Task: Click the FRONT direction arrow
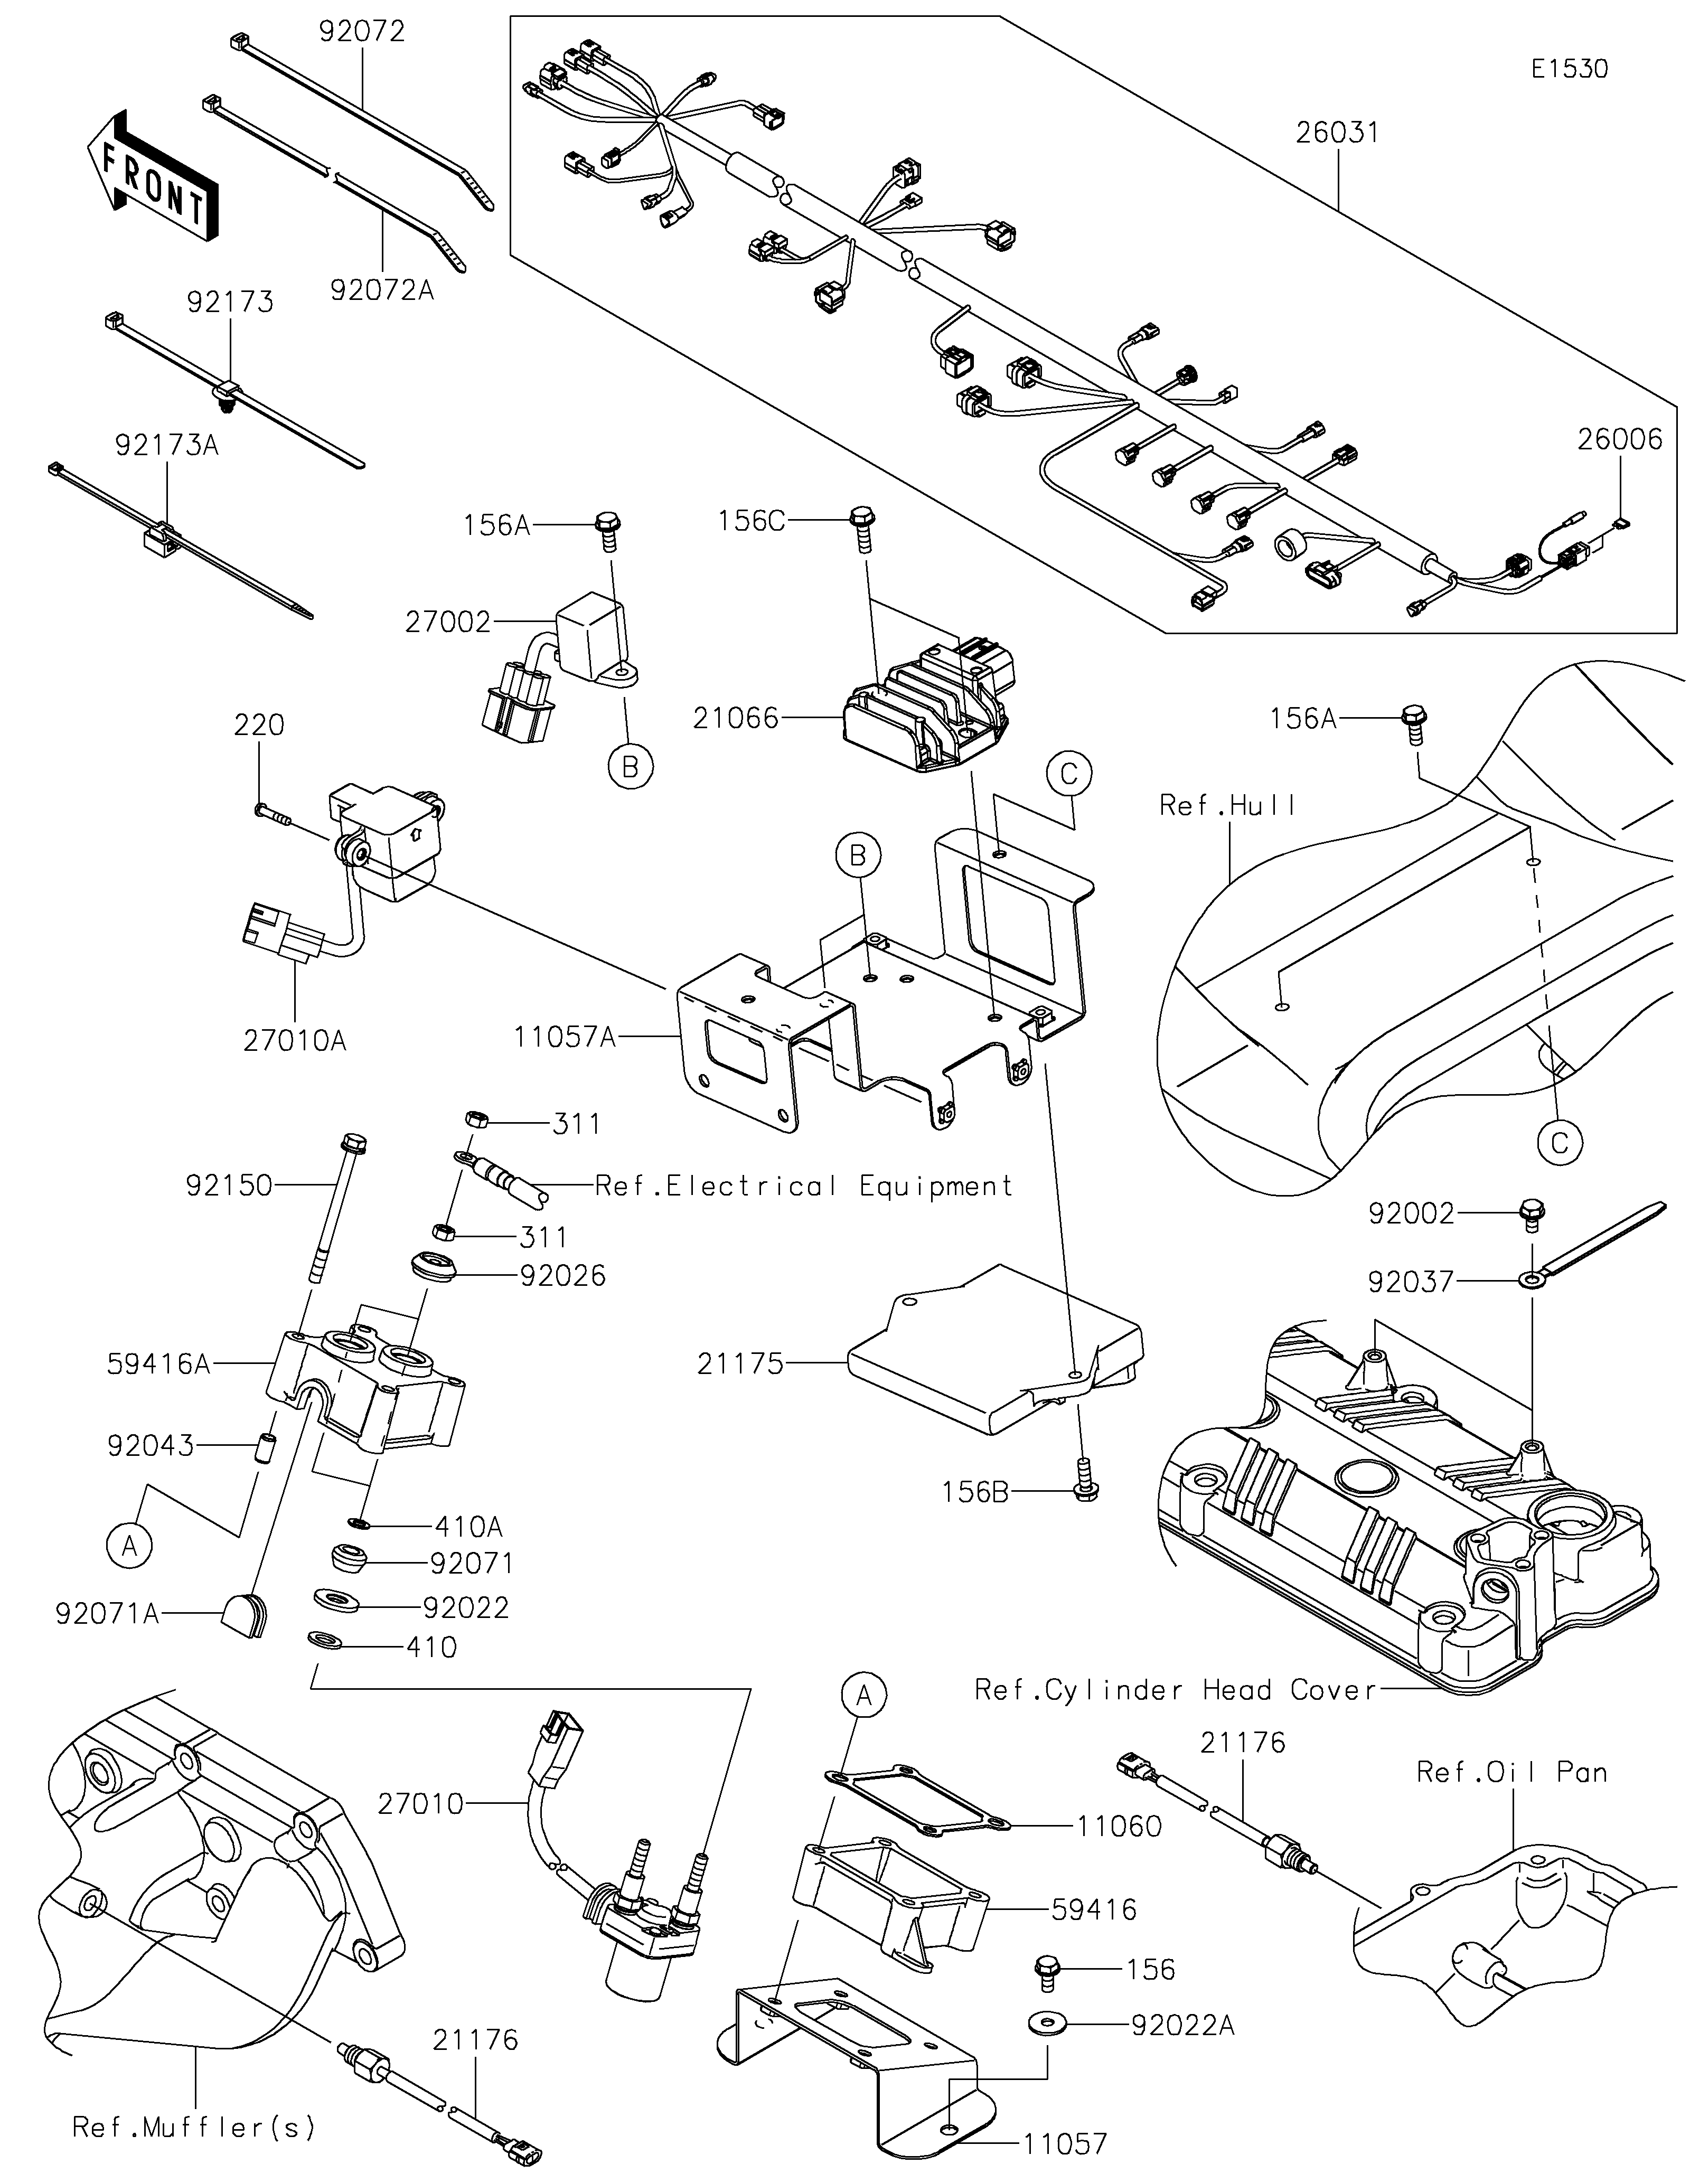point(152,176)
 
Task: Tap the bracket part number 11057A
point(565,1038)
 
